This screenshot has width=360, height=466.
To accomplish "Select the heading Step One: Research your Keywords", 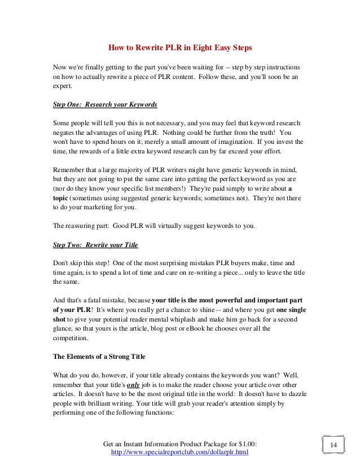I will click(x=104, y=105).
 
